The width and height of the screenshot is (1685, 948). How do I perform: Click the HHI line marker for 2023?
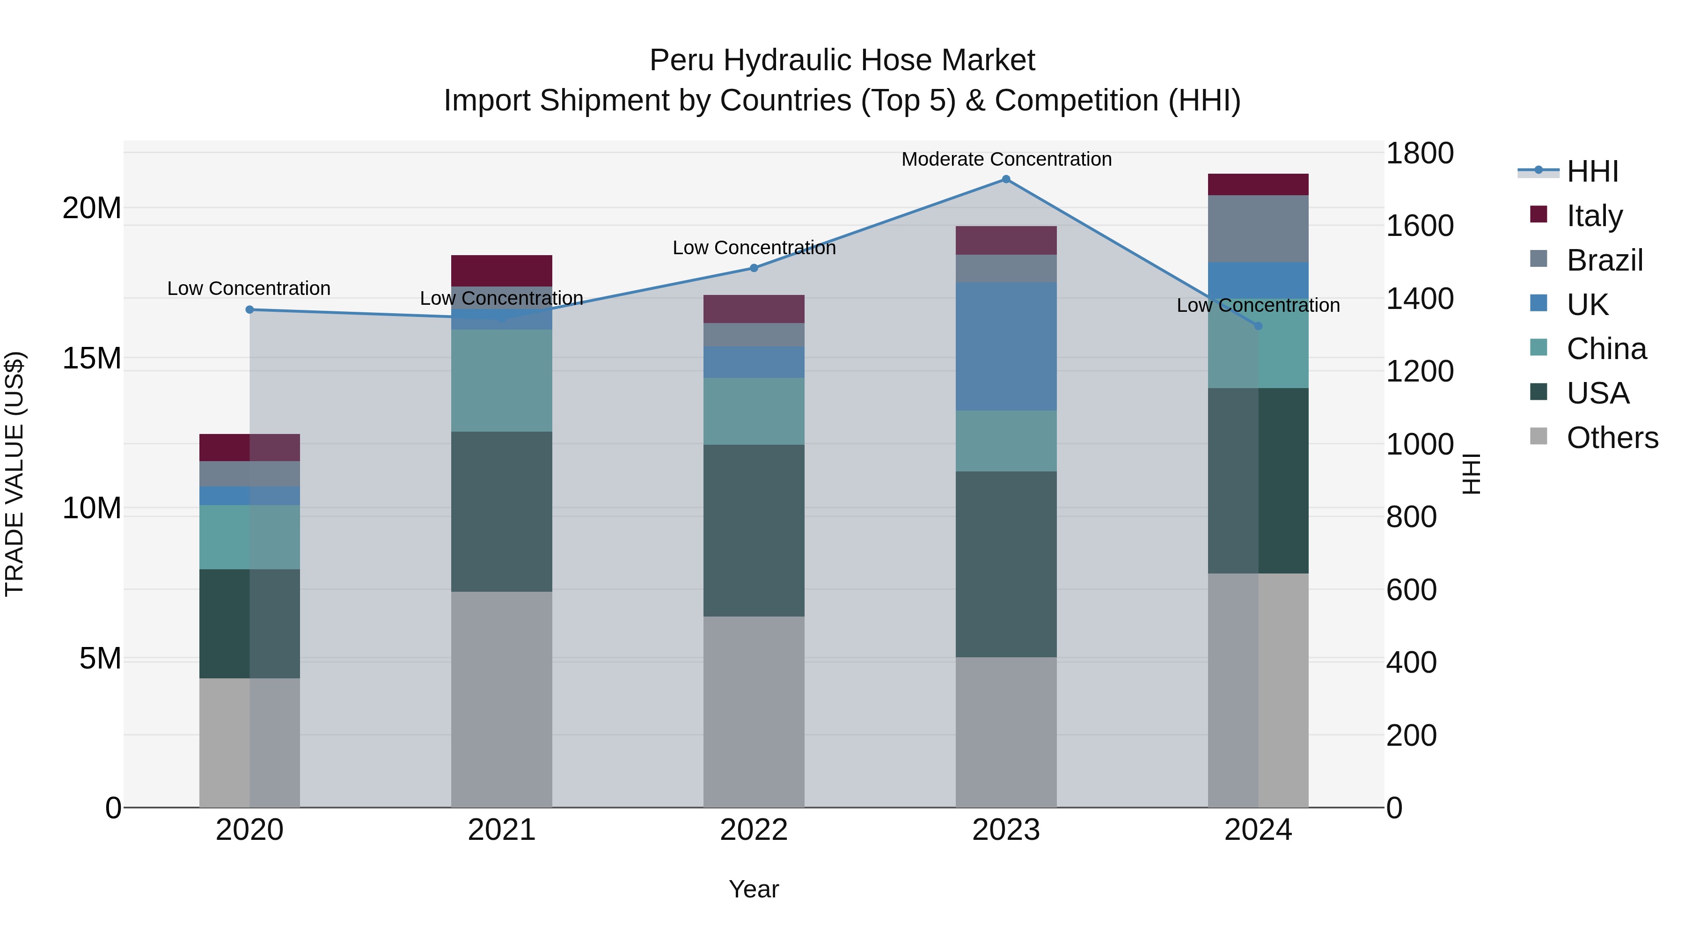1006,179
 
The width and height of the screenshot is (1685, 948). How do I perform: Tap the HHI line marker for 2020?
249,309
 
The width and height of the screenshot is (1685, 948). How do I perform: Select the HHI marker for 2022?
754,268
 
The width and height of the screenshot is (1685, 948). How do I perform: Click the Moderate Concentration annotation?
1006,159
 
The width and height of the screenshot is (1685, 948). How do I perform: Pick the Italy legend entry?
1594,215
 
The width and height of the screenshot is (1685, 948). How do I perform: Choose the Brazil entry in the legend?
1604,260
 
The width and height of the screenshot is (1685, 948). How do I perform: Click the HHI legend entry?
1592,171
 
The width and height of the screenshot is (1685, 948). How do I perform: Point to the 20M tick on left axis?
92,208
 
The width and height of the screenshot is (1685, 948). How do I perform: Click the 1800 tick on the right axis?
1420,153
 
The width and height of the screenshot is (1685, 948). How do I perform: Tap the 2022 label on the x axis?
754,830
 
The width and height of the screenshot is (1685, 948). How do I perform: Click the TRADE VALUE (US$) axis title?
15,474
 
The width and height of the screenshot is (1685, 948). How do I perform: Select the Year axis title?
754,889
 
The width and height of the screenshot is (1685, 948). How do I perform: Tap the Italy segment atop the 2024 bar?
1257,184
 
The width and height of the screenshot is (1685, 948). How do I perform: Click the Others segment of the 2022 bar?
754,711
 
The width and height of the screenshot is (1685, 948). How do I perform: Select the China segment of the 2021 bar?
502,380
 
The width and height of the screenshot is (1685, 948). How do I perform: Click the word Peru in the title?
681,60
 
